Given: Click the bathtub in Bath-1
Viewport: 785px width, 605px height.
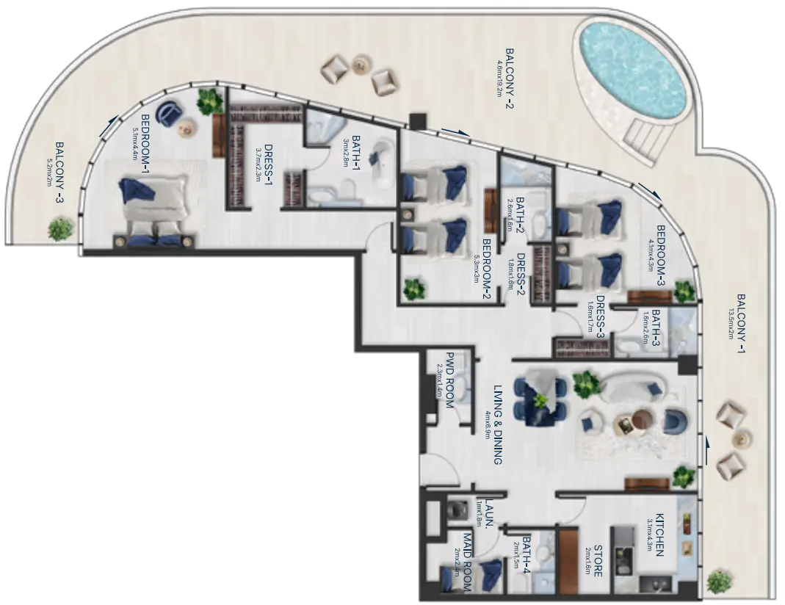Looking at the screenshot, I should [382, 162].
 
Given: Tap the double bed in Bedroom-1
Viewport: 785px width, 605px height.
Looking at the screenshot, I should [156, 206].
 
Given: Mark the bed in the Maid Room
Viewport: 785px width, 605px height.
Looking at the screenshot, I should [471, 573].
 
